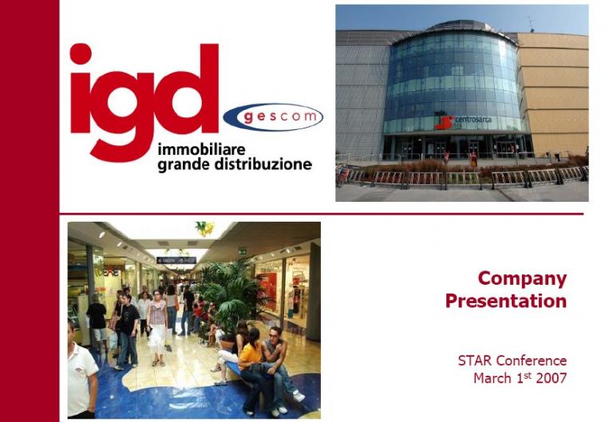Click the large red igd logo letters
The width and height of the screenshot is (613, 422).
click(144, 96)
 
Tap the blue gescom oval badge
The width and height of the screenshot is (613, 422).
click(272, 116)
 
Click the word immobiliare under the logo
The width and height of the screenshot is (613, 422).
click(201, 149)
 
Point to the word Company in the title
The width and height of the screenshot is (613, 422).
click(522, 278)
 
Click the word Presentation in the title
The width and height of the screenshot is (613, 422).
click(506, 301)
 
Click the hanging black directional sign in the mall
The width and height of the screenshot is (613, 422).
click(176, 260)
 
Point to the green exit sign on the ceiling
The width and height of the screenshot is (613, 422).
click(242, 250)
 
